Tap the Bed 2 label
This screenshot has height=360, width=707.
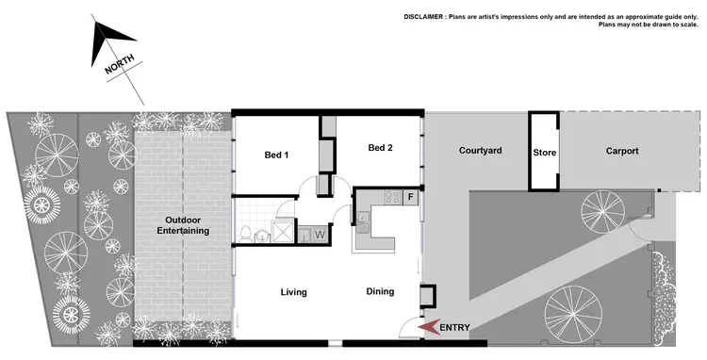(x=380, y=147)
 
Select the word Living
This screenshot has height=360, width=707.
(x=294, y=292)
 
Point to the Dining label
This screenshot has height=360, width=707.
(x=380, y=291)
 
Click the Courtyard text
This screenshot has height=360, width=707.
(x=480, y=151)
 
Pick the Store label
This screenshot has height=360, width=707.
(x=543, y=152)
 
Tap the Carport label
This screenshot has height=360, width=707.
(x=622, y=151)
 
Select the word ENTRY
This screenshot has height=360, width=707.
(x=454, y=327)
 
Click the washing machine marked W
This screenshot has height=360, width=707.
(x=320, y=234)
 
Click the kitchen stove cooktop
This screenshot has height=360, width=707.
(x=387, y=199)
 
